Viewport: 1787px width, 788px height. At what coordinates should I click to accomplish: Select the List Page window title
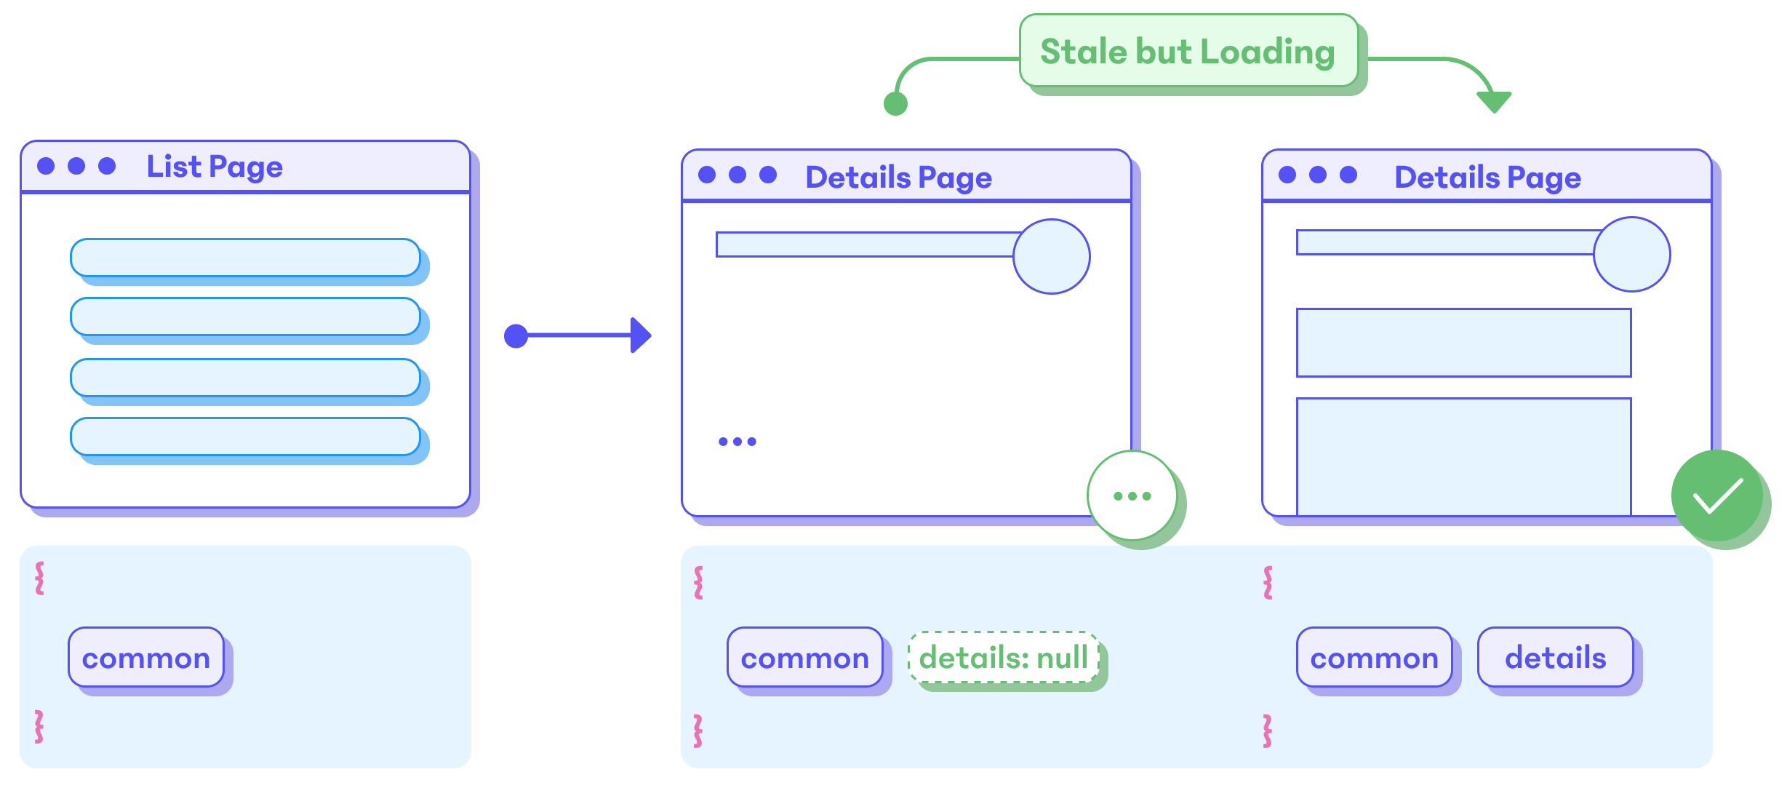click(x=215, y=167)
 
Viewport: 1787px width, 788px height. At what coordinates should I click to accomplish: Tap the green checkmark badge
click(x=1717, y=496)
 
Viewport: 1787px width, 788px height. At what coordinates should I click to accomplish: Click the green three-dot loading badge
click(x=1132, y=496)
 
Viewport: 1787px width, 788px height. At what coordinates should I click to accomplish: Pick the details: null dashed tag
click(x=1004, y=658)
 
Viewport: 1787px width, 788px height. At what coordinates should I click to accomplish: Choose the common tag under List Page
click(x=146, y=658)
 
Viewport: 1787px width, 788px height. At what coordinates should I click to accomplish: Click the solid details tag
click(x=1555, y=658)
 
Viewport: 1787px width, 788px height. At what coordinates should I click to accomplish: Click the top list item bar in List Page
click(x=245, y=258)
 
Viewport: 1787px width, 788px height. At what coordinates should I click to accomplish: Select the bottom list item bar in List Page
click(x=245, y=437)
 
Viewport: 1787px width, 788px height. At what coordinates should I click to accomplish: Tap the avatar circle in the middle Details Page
click(x=1051, y=257)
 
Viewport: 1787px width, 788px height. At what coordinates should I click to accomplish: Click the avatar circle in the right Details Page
click(x=1631, y=255)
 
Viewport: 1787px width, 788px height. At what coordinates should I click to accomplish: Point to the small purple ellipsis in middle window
click(x=737, y=442)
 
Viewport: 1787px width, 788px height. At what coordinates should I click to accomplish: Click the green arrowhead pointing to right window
click(x=1494, y=102)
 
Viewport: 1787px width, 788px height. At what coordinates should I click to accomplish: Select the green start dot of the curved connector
click(x=895, y=104)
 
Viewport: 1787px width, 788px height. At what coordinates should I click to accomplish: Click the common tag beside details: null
click(x=804, y=658)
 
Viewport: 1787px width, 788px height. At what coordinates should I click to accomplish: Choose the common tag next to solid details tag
click(x=1374, y=658)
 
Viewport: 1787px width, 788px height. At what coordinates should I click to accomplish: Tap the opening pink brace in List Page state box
click(x=40, y=578)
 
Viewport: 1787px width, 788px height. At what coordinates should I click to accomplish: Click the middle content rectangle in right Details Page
click(x=1463, y=343)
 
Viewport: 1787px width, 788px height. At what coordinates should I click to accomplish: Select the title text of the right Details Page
click(x=1487, y=178)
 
